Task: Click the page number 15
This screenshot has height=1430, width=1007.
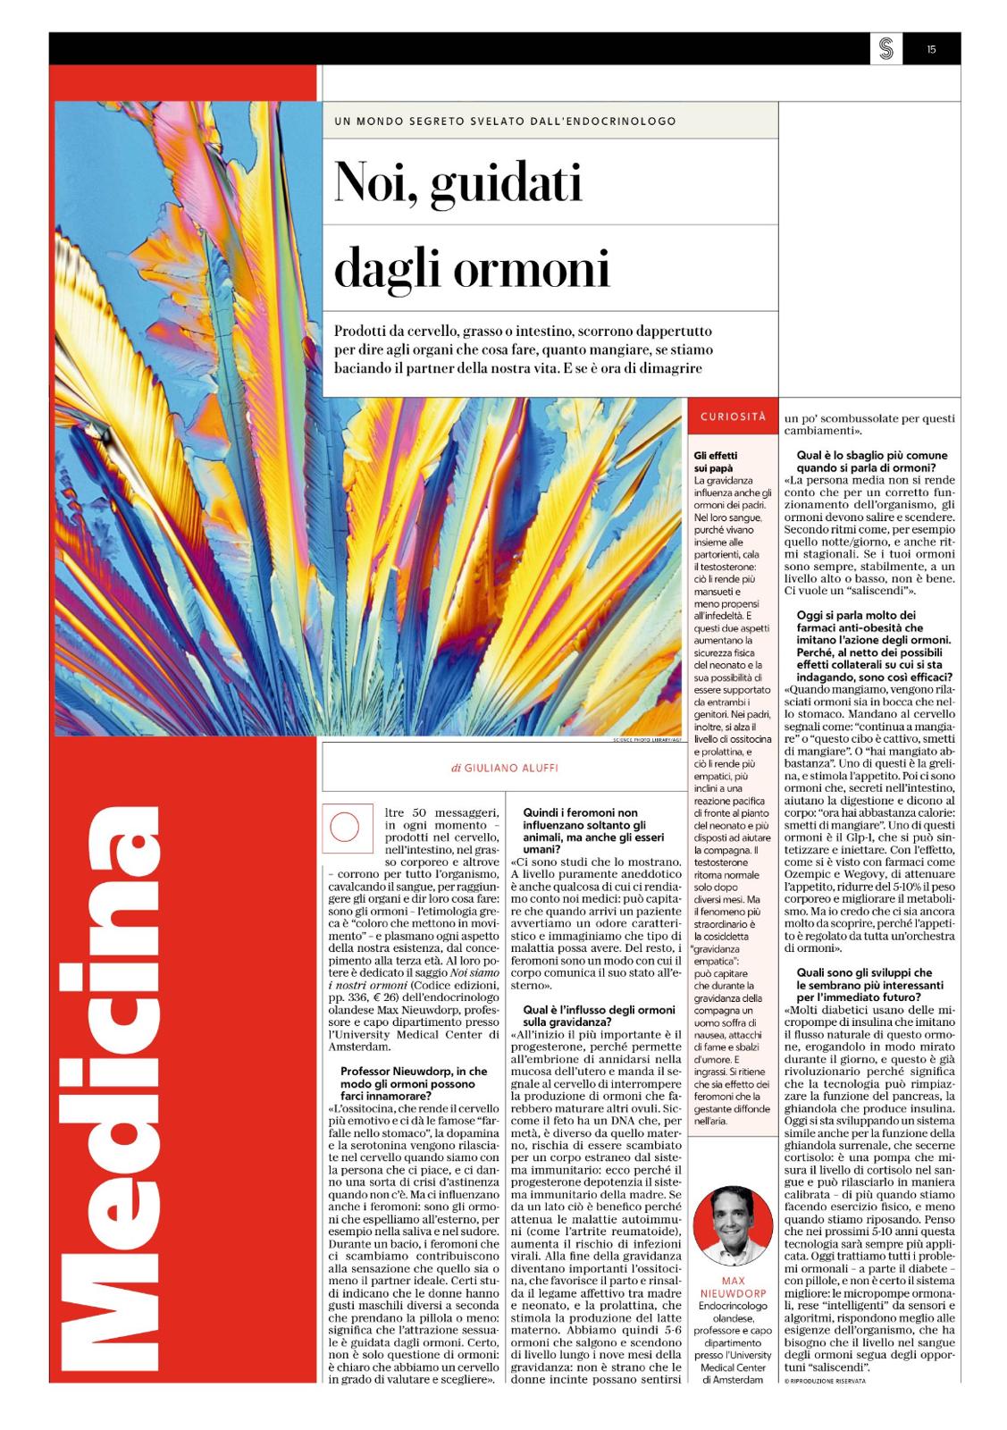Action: [931, 50]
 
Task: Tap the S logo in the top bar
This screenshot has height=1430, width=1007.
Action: [885, 50]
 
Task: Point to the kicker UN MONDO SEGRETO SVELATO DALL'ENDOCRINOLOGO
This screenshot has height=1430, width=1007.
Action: [506, 121]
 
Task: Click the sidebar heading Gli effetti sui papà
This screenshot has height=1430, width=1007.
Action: [716, 460]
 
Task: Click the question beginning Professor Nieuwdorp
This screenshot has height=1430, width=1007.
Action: [415, 1082]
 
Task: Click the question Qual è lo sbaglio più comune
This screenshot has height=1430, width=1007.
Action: [865, 462]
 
